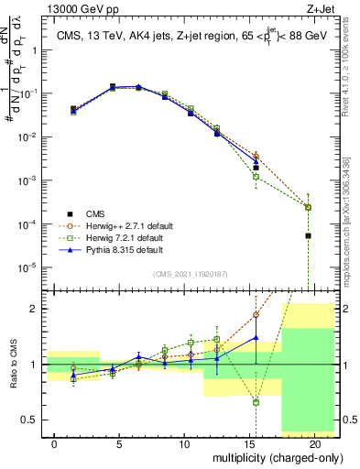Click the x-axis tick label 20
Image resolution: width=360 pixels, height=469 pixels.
click(314, 443)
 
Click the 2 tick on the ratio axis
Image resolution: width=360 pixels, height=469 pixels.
click(34, 309)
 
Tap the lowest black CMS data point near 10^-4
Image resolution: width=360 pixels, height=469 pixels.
click(308, 235)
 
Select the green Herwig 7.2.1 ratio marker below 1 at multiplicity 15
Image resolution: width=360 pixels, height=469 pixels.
click(256, 402)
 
